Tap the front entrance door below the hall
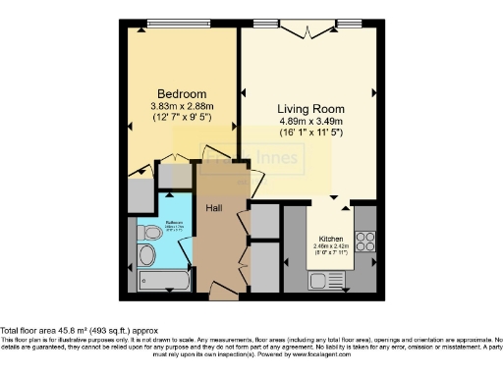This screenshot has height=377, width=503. click(226, 292)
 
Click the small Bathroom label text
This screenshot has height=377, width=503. click(174, 223)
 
